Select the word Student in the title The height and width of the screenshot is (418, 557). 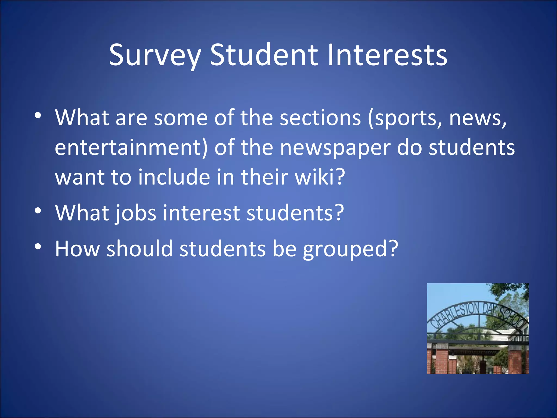click(264, 55)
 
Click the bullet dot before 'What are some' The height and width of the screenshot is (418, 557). click(38, 116)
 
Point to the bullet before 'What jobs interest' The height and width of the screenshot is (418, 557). click(38, 211)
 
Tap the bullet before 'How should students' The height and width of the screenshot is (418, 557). click(38, 247)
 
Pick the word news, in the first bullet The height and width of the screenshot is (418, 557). click(478, 118)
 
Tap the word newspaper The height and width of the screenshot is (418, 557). click(335, 148)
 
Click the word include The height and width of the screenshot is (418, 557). click(174, 177)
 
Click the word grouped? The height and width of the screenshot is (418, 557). click(351, 249)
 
